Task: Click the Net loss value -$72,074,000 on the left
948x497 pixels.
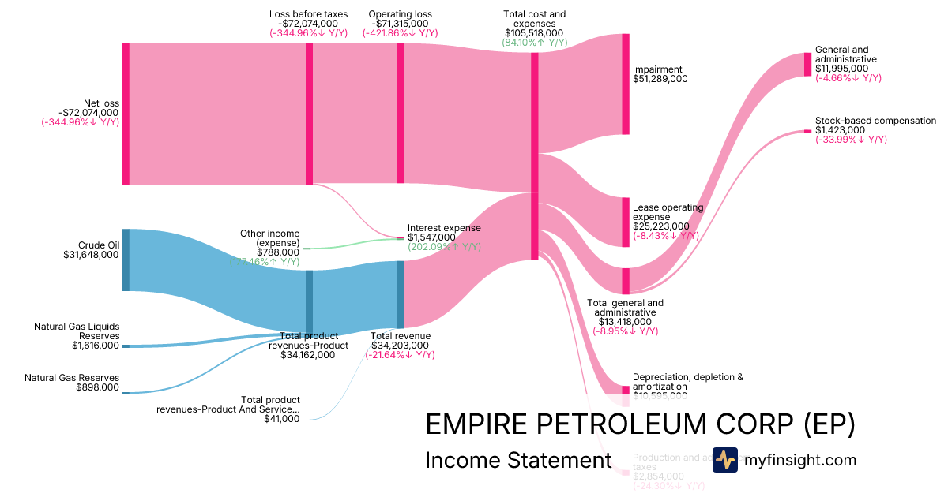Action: coord(88,112)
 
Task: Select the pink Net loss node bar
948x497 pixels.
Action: coord(126,114)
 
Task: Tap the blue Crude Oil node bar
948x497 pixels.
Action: coord(126,260)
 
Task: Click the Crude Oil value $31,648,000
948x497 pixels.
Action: coord(91,255)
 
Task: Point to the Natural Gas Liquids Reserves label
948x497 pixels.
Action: coord(77,331)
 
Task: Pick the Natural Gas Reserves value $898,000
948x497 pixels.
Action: coord(97,387)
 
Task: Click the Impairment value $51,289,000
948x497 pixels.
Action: coord(660,79)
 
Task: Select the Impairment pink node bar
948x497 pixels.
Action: coord(626,84)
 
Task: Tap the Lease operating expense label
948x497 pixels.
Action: coord(668,212)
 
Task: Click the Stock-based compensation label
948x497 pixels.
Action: coord(875,121)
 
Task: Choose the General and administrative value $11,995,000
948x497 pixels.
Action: coord(842,69)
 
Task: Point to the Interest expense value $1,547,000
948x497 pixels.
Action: coord(431,237)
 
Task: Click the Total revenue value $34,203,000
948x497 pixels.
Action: coord(400,345)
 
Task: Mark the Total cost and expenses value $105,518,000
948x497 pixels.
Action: coord(534,33)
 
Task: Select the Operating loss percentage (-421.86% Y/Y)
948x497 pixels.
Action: coord(400,33)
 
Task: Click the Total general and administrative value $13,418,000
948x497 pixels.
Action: coord(625,322)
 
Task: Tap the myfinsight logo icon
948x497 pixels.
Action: coord(724,460)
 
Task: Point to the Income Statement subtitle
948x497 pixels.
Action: coord(518,461)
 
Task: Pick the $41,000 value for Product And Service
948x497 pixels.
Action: coord(282,419)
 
